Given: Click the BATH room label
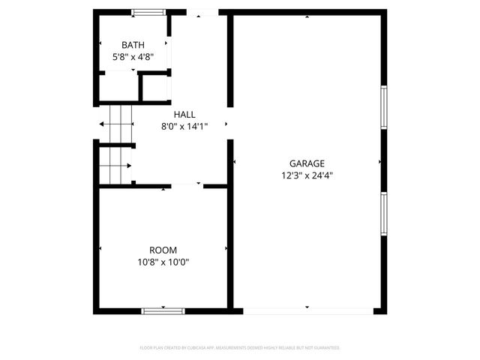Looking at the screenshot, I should click(133, 44).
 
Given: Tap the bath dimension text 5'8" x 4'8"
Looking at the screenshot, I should click(133, 55).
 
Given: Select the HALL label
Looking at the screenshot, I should click(184, 114).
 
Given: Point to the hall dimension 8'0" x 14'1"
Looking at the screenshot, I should click(184, 126).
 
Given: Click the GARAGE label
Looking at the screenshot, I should click(307, 163).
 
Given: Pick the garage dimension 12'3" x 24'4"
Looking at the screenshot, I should click(307, 175).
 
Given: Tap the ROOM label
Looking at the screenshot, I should click(163, 250).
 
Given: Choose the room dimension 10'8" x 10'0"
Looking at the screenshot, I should click(163, 262).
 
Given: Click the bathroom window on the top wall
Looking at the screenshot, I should click(148, 12).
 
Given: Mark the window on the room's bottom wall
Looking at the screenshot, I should click(163, 310).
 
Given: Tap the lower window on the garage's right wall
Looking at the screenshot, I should click(383, 214).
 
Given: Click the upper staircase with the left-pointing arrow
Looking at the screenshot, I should click(116, 123).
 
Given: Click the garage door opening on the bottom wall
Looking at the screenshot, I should click(307, 310).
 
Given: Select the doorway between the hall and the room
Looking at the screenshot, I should click(187, 185).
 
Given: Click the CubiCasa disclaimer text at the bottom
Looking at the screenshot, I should click(240, 348).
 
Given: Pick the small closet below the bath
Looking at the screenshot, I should click(154, 87).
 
